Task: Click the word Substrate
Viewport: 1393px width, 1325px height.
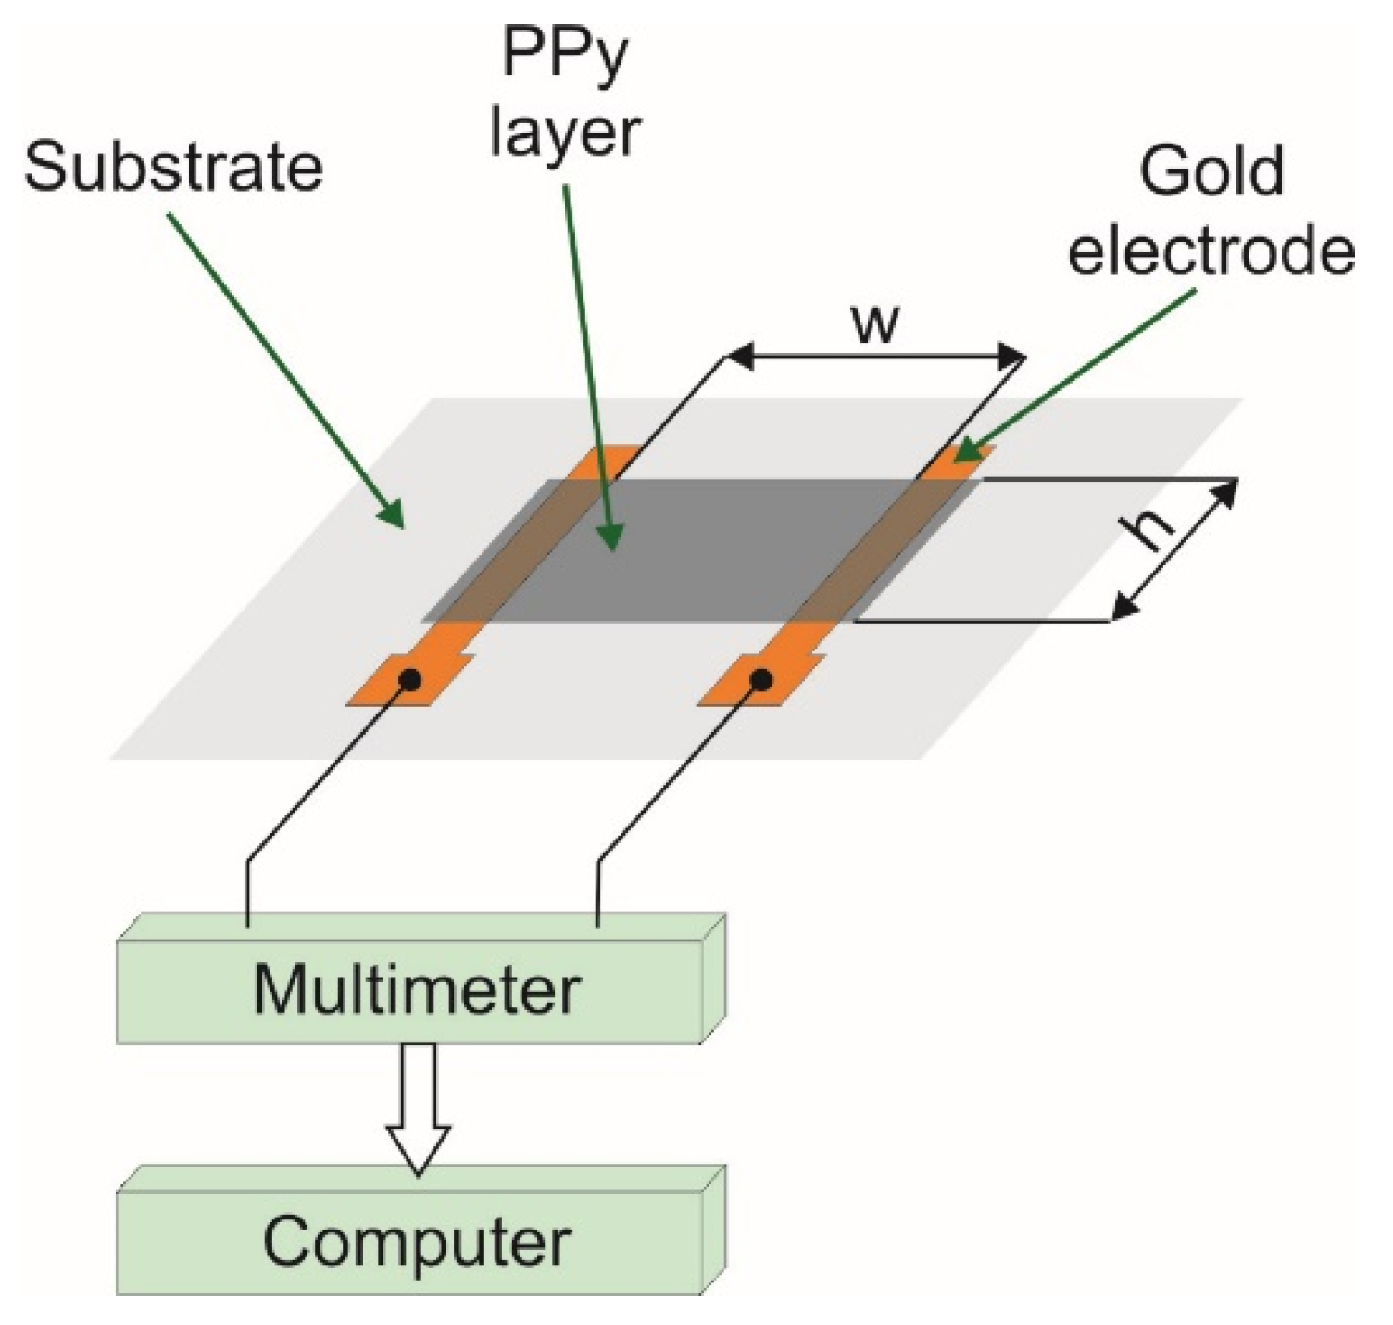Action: (x=173, y=168)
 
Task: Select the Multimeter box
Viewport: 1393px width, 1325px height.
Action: (x=420, y=978)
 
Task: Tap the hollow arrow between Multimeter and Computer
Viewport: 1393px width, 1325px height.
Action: (x=418, y=1109)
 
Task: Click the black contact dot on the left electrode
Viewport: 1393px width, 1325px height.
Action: (x=409, y=680)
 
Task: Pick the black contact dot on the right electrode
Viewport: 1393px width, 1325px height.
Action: (x=760, y=680)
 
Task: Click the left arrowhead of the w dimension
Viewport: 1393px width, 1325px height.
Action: (x=741, y=356)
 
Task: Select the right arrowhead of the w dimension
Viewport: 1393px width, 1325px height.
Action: (x=1010, y=356)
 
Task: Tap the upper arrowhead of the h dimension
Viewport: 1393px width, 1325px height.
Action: (x=1224, y=494)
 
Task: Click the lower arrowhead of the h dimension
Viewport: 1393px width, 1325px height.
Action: (x=1125, y=606)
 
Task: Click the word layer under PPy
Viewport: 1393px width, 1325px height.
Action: (x=565, y=132)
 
